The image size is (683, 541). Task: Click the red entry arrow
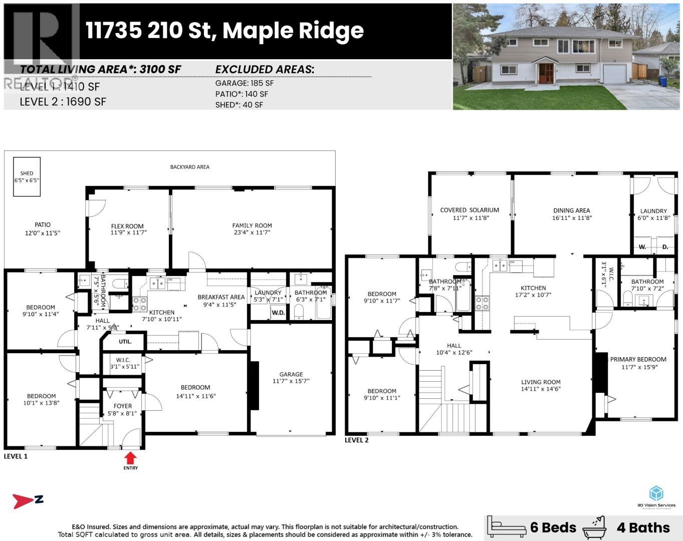(x=130, y=457)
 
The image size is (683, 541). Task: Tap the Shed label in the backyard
(x=27, y=173)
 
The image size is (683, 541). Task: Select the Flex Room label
(x=127, y=226)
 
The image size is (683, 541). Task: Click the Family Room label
(x=252, y=225)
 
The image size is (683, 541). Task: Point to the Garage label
(x=291, y=374)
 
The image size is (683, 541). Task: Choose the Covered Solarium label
(x=470, y=210)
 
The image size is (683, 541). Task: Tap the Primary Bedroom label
(x=638, y=359)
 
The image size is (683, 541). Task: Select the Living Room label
(x=541, y=382)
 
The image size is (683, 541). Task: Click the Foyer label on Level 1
(x=123, y=406)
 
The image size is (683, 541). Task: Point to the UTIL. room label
(x=125, y=342)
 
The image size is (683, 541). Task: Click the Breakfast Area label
(x=221, y=297)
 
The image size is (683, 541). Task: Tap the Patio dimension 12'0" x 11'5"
(x=43, y=233)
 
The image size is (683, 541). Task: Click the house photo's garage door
(x=613, y=75)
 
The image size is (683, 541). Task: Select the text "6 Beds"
(x=553, y=527)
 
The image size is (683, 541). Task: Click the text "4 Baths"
(x=643, y=527)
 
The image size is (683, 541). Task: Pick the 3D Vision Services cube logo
(x=656, y=493)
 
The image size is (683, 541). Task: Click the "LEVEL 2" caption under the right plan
(x=357, y=440)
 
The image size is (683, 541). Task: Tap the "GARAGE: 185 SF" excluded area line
(x=245, y=83)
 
